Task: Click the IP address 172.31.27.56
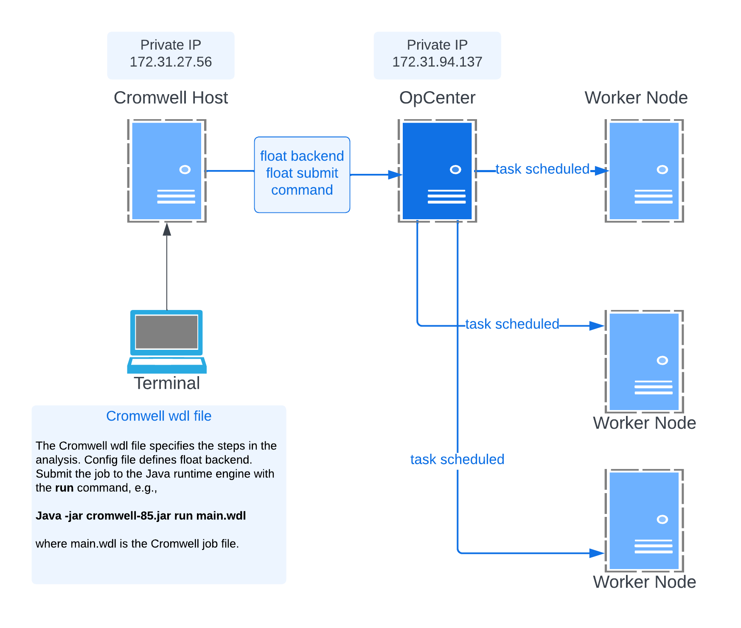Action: tap(171, 62)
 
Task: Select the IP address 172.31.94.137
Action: tap(437, 62)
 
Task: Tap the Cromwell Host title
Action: tap(171, 98)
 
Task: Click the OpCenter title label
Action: tap(437, 98)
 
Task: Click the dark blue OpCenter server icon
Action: tap(437, 171)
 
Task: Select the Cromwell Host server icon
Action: tap(167, 171)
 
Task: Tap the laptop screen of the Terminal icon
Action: tap(167, 332)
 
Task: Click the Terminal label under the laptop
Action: tap(167, 383)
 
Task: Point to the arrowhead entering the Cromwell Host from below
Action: tap(167, 229)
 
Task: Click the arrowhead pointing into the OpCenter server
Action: tap(395, 175)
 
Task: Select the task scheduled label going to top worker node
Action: tap(542, 169)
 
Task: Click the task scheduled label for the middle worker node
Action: tap(512, 324)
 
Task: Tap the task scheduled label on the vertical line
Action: tap(457, 460)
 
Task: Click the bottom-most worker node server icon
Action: tap(644, 521)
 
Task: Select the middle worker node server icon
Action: tap(644, 362)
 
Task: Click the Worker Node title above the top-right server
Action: tap(636, 98)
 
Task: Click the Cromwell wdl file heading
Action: tap(159, 416)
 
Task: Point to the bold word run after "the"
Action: tap(64, 488)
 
